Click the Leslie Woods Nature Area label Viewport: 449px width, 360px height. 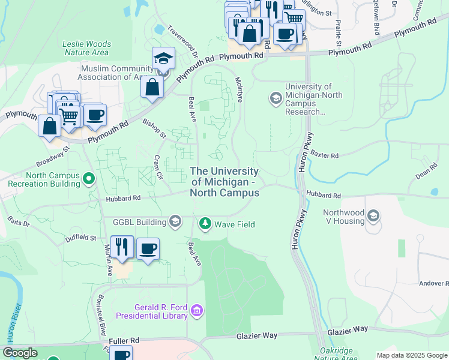click(87, 48)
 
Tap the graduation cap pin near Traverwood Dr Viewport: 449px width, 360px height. click(163, 58)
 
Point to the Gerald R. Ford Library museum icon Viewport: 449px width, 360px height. click(197, 311)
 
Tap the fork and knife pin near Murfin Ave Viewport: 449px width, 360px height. click(122, 247)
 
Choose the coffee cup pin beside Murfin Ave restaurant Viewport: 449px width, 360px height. click(148, 248)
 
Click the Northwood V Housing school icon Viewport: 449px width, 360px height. click(373, 216)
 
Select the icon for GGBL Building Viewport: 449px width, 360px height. click(175, 222)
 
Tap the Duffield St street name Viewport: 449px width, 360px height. click(81, 238)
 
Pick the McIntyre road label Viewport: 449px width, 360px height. click(238, 89)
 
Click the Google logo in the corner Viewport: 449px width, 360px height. click(20, 353)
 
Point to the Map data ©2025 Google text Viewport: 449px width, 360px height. click(411, 355)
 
